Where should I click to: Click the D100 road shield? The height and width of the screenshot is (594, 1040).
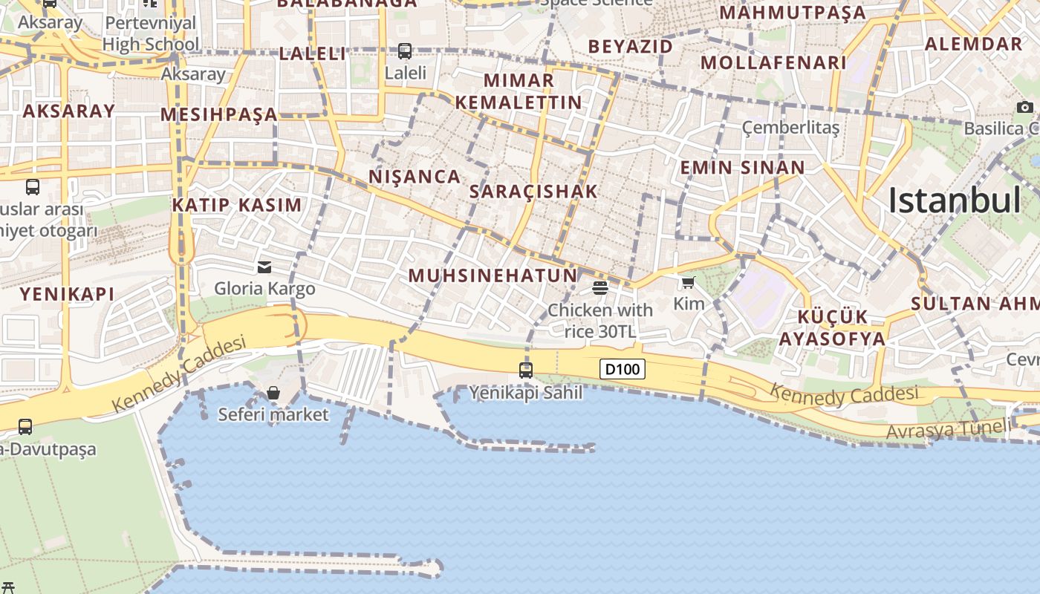tap(623, 369)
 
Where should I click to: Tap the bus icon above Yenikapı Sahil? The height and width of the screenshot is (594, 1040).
tap(526, 369)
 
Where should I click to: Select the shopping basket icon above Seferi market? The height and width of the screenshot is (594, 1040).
tap(273, 392)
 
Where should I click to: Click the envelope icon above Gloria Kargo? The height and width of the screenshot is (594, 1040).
tap(264, 267)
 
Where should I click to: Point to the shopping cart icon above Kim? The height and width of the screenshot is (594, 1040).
tap(688, 282)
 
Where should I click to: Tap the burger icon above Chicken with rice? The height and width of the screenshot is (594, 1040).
tap(600, 287)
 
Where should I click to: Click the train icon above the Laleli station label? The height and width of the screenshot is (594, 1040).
tap(405, 51)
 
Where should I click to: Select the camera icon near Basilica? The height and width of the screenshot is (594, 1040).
tap(1025, 108)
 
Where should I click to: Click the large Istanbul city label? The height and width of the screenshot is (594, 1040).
tap(955, 200)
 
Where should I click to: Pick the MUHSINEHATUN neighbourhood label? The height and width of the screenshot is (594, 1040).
tap(493, 275)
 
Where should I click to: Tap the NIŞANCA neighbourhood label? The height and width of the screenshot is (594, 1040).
tap(415, 177)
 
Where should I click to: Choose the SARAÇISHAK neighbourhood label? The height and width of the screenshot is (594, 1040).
tap(533, 192)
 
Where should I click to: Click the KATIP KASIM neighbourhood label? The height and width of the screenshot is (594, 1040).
tap(237, 205)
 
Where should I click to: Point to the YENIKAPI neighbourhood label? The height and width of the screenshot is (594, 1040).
tap(67, 294)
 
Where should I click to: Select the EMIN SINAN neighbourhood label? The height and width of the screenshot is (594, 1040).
tap(743, 168)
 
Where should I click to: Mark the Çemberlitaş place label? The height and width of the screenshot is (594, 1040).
tap(790, 128)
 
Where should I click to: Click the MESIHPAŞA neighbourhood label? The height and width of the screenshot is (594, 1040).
tap(219, 114)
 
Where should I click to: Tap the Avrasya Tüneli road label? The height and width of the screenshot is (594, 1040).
tap(948, 429)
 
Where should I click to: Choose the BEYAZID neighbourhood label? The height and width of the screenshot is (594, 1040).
tap(630, 47)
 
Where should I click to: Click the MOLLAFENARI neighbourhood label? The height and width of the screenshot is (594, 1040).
tap(773, 62)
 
